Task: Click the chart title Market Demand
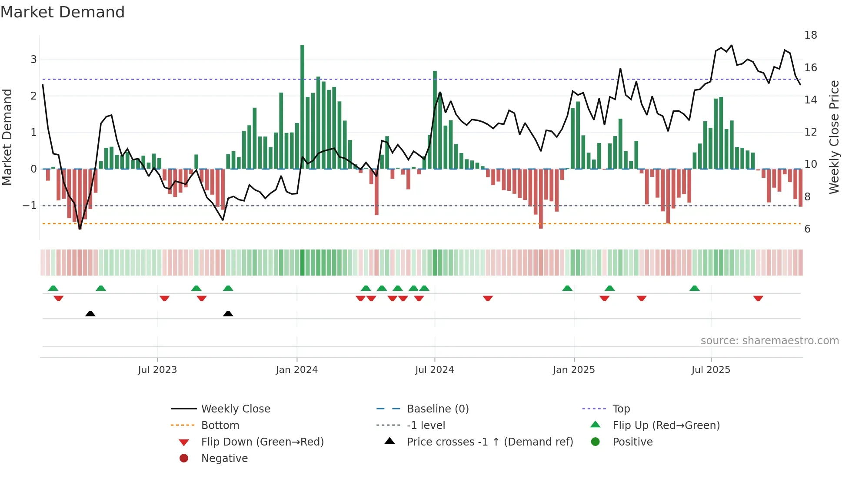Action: coord(63,12)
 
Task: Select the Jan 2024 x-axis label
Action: coord(296,370)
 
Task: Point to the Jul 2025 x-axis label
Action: coord(711,370)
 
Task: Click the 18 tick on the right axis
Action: coord(810,35)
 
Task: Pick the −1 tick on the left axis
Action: coord(30,206)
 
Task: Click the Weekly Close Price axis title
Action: coord(834,137)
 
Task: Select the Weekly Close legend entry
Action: coord(235,409)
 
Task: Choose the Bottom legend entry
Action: coord(220,426)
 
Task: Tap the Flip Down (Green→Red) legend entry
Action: coord(262,442)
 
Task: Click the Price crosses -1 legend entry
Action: coord(489,442)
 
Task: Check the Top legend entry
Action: coord(621,409)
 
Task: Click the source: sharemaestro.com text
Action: coord(769,341)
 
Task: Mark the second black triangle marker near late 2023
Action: coord(228,313)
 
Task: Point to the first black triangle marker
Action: coord(90,313)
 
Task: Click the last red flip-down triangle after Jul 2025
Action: coord(758,298)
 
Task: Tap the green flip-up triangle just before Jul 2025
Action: coord(694,288)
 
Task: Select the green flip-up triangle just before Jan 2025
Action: coord(567,288)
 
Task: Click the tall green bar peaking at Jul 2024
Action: coord(435,120)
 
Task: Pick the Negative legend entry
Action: coord(224,459)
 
